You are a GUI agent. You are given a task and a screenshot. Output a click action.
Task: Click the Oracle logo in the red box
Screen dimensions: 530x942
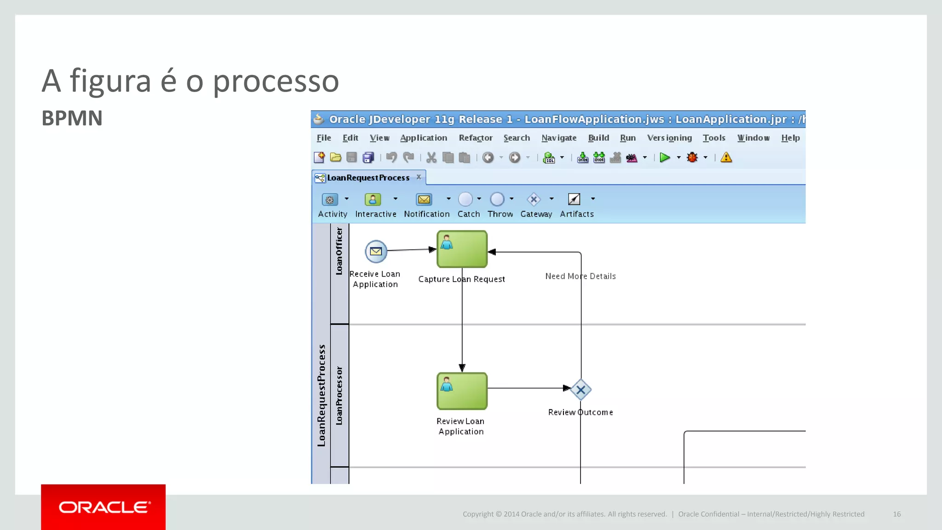104,507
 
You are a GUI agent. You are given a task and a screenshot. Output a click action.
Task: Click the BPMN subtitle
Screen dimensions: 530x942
72,118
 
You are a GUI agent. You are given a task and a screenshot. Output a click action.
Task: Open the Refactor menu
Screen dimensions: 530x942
475,138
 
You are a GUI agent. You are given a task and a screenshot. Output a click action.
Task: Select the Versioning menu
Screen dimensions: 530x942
669,138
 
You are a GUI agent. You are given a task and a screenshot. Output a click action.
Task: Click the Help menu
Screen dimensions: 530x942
790,138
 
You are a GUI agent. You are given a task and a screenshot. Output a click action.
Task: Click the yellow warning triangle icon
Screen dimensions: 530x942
726,158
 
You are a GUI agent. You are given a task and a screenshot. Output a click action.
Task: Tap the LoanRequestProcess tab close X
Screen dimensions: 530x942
419,177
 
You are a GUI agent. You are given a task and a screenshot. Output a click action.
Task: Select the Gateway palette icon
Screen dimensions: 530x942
534,199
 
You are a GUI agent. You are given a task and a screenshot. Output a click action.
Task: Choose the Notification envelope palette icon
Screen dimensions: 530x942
424,199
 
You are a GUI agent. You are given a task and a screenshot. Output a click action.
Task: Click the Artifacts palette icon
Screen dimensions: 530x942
574,199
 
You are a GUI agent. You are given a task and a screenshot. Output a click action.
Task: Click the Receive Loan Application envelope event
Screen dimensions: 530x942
376,251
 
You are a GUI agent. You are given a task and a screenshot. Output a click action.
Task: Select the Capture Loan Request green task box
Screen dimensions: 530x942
462,249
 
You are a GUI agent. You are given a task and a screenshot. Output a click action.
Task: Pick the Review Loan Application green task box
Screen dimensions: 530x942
462,391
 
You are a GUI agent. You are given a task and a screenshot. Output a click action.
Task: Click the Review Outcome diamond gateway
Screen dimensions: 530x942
581,390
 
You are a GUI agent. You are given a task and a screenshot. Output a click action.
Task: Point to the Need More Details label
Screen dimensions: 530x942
580,276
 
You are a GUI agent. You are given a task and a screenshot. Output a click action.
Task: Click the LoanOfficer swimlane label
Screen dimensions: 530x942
339,251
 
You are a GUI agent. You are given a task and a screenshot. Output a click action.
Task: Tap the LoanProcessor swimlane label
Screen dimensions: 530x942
339,396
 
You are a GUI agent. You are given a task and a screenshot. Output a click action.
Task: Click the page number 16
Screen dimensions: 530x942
896,514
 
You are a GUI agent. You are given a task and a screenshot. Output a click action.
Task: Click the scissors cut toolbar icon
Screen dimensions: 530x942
431,158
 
